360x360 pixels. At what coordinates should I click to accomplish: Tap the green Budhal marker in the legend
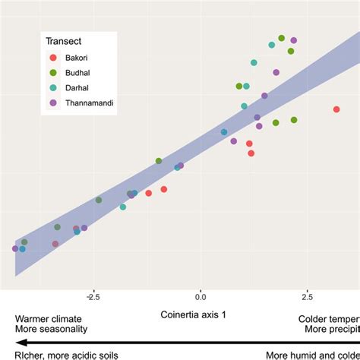click(52, 72)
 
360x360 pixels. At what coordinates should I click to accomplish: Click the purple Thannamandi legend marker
click(52, 102)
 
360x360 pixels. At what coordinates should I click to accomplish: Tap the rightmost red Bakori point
click(336, 110)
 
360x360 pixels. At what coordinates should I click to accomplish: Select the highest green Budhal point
click(282, 38)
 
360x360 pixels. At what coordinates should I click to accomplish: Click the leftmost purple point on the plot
click(15, 248)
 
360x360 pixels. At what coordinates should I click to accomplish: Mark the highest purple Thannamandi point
click(294, 40)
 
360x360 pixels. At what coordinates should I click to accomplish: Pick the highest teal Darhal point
click(272, 45)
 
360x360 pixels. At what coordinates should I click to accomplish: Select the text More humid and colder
click(312, 354)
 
